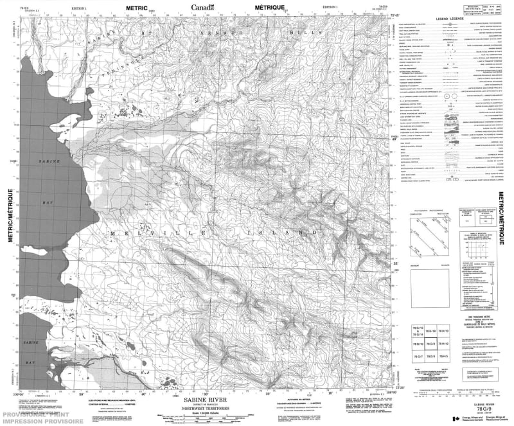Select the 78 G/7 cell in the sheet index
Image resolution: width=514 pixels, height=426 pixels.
coord(417,357)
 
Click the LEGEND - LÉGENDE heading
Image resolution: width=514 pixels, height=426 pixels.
coord(449,20)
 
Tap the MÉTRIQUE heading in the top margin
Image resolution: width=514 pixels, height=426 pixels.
coord(269,8)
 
